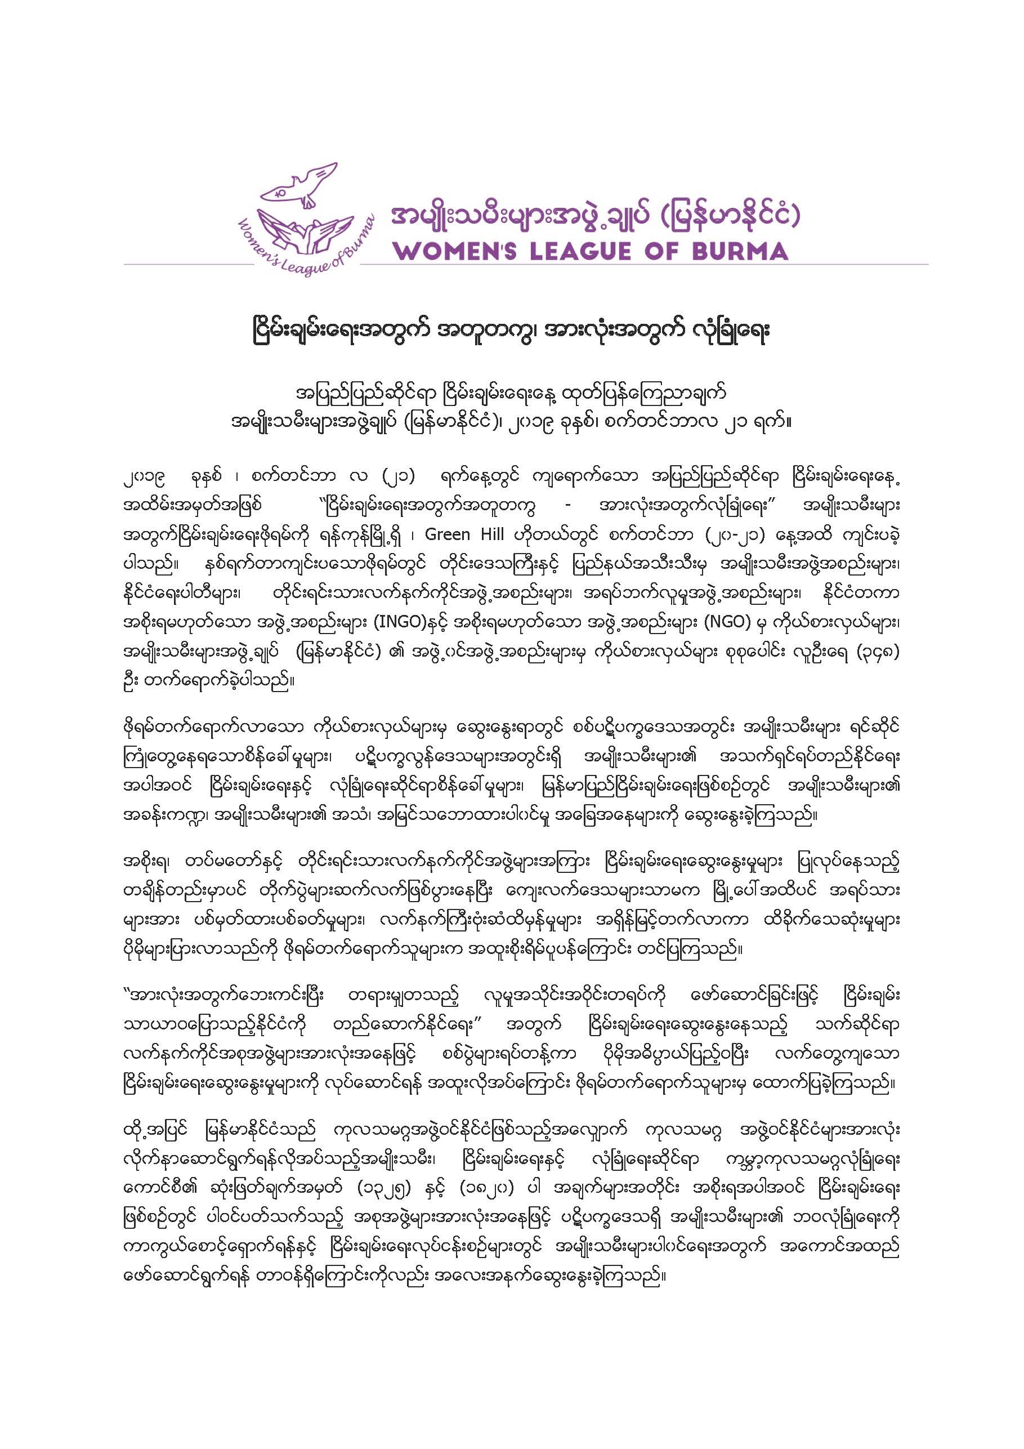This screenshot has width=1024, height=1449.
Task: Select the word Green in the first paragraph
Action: pos(448,534)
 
